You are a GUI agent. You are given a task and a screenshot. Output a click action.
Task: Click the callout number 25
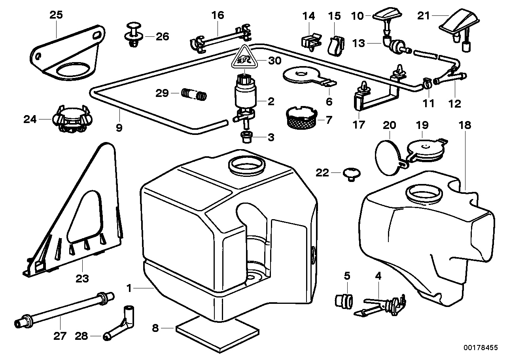[x=56, y=15]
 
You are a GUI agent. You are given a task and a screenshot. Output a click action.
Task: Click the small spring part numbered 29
[x=194, y=95]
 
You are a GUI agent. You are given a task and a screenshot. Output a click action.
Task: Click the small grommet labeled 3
[x=246, y=137]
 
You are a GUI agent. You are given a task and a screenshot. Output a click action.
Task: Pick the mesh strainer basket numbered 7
[x=301, y=117]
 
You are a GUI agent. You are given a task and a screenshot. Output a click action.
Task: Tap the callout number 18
[x=465, y=125]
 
